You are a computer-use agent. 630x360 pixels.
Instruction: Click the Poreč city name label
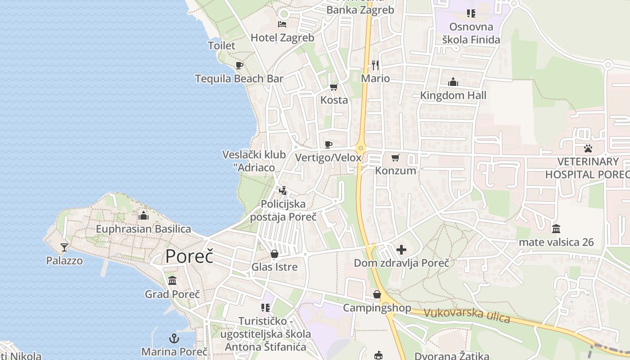pos(189,256)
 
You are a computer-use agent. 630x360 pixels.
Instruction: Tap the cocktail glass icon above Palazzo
pos(64,247)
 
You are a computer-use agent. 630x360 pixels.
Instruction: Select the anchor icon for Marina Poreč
pos(174,338)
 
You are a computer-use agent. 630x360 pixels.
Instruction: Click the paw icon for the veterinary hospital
pos(588,148)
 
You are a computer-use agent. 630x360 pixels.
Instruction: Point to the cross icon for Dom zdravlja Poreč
pos(401,249)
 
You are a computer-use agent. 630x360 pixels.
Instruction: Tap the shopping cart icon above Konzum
pos(396,157)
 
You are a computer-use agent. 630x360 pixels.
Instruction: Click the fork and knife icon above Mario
pos(375,65)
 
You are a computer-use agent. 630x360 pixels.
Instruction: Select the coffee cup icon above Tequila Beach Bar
pos(239,65)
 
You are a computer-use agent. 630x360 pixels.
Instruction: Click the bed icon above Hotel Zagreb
pos(282,24)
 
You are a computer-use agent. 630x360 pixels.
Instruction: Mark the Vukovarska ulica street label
pos(467,315)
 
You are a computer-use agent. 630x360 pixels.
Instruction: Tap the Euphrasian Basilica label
pos(143,229)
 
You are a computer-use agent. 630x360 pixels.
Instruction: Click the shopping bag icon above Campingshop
pos(377,294)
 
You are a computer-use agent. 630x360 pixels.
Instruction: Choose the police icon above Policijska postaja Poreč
pos(283,191)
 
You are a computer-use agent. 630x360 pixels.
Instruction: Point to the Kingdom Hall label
pos(453,95)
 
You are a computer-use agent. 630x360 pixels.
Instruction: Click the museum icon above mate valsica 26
pos(556,229)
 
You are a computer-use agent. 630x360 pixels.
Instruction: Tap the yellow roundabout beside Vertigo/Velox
pos(360,148)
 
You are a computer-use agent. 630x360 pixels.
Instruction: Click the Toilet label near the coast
pos(221,45)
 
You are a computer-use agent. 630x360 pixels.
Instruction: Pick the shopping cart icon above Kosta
pos(333,87)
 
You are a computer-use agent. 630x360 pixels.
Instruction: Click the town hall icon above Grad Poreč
pos(172,281)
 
